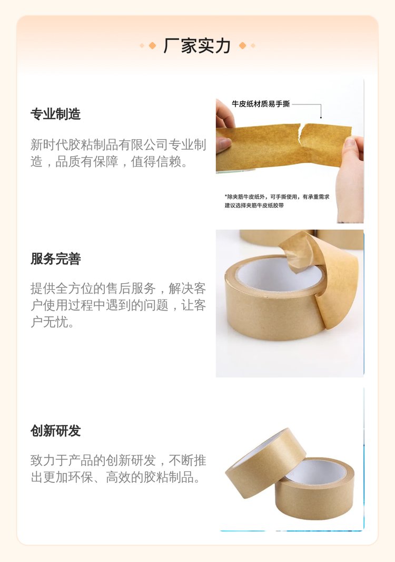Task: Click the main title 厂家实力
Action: pyautogui.click(x=197, y=46)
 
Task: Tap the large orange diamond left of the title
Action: pyautogui.click(x=152, y=45)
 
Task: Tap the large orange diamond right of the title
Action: pyautogui.click(x=242, y=45)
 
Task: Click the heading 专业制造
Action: pyautogui.click(x=55, y=114)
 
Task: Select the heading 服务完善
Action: pyautogui.click(x=55, y=258)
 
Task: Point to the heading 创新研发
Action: pyautogui.click(x=55, y=430)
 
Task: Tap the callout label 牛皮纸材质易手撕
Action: pyautogui.click(x=261, y=104)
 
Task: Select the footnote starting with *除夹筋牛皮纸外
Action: pyautogui.click(x=277, y=201)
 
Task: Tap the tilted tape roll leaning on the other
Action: pyautogui.click(x=265, y=462)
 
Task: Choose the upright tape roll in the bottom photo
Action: pyautogui.click(x=314, y=489)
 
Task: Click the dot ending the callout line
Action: pyautogui.click(x=321, y=117)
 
